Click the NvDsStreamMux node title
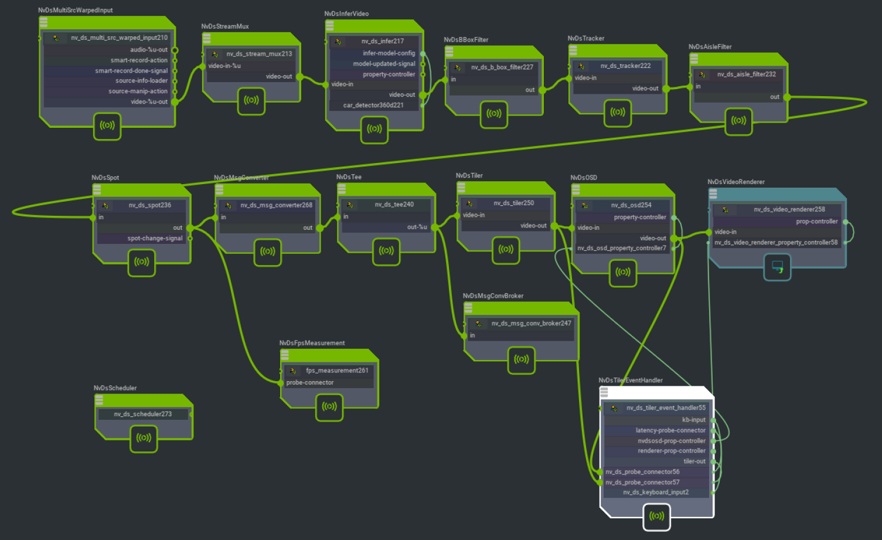[x=225, y=26]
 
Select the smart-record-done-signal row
[x=106, y=70]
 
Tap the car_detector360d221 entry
[x=374, y=105]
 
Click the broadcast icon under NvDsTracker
[x=618, y=113]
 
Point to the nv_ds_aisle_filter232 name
[x=746, y=74]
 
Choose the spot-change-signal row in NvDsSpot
[x=141, y=238]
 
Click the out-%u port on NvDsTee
[x=435, y=227]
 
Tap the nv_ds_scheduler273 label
[x=142, y=414]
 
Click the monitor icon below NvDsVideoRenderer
[x=777, y=267]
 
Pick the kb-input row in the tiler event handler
[x=656, y=420]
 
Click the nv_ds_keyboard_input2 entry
[x=656, y=493]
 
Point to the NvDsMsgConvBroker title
[x=493, y=296]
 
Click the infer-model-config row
[x=374, y=53]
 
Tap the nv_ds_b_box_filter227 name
[x=502, y=67]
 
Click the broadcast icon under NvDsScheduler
[x=144, y=437]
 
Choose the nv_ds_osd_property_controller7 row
[x=622, y=248]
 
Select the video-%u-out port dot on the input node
[x=175, y=101]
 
